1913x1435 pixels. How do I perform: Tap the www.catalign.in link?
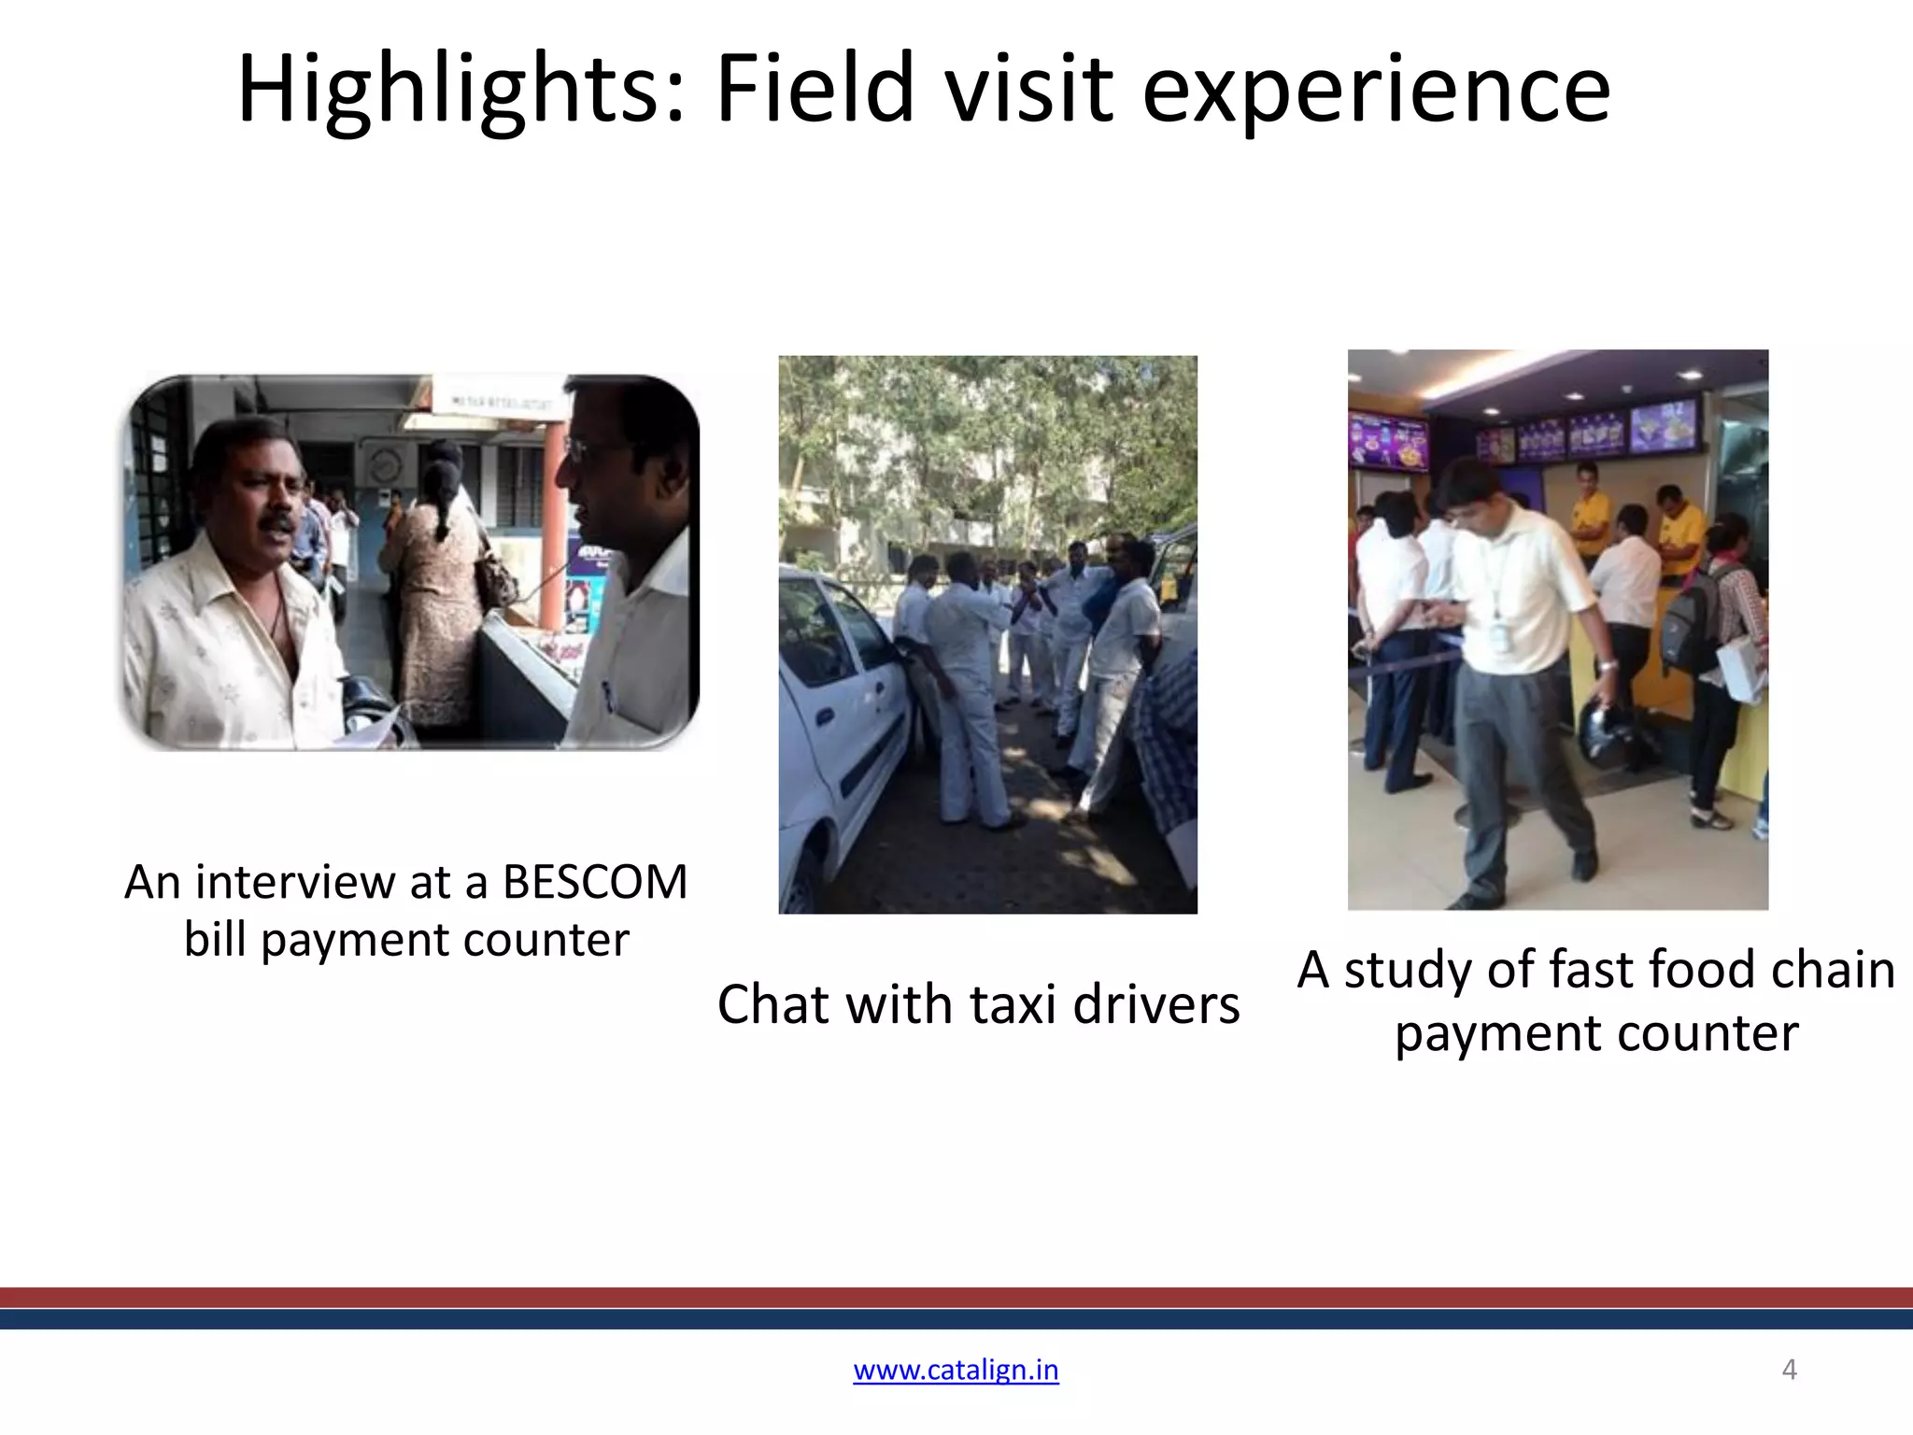pos(956,1370)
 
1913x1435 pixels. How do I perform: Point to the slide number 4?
pos(1789,1370)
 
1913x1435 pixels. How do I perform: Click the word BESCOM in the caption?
pos(595,882)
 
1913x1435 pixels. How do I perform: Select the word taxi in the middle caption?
pos(1013,1005)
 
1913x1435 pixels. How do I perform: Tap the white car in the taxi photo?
pos(836,729)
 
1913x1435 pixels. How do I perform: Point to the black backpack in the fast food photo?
pos(1689,626)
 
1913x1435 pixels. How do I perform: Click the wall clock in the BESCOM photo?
pos(384,464)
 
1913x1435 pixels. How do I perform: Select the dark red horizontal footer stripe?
pos(956,1297)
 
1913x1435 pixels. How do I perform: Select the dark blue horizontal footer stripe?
pos(956,1318)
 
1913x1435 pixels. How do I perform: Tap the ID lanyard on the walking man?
pos(1498,598)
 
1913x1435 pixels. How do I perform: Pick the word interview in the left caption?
pos(295,882)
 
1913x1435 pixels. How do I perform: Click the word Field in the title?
pos(815,91)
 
